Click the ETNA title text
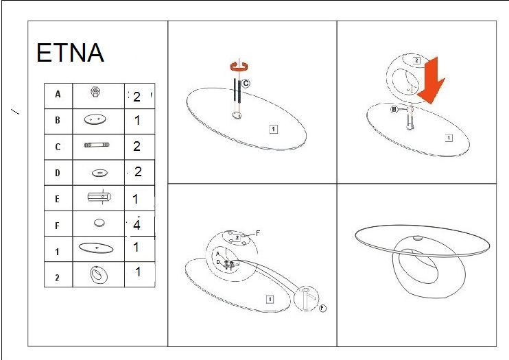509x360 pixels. pyautogui.click(x=70, y=53)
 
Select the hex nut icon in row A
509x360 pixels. pyautogui.click(x=95, y=92)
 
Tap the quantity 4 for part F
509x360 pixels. pyautogui.click(x=137, y=225)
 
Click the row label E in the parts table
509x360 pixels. pyautogui.click(x=57, y=199)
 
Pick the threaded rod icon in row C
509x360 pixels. pyautogui.click(x=97, y=145)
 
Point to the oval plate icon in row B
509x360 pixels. pyautogui.click(x=95, y=119)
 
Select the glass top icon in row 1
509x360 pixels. pyautogui.click(x=96, y=248)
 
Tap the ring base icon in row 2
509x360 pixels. pyautogui.click(x=99, y=275)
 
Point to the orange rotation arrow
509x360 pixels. pyautogui.click(x=239, y=67)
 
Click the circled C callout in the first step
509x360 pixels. pyautogui.click(x=246, y=84)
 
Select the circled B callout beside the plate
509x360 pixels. pyautogui.click(x=394, y=110)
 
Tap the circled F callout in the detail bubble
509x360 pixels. pyautogui.click(x=322, y=308)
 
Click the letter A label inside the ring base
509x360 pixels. pyautogui.click(x=218, y=254)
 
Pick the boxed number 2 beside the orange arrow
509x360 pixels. pyautogui.click(x=416, y=60)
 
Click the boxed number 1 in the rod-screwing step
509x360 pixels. pyautogui.click(x=273, y=129)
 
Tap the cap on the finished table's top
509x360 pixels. pyautogui.click(x=418, y=238)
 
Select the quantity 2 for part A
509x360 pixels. pyautogui.click(x=137, y=97)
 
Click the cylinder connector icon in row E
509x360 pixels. pyautogui.click(x=99, y=197)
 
